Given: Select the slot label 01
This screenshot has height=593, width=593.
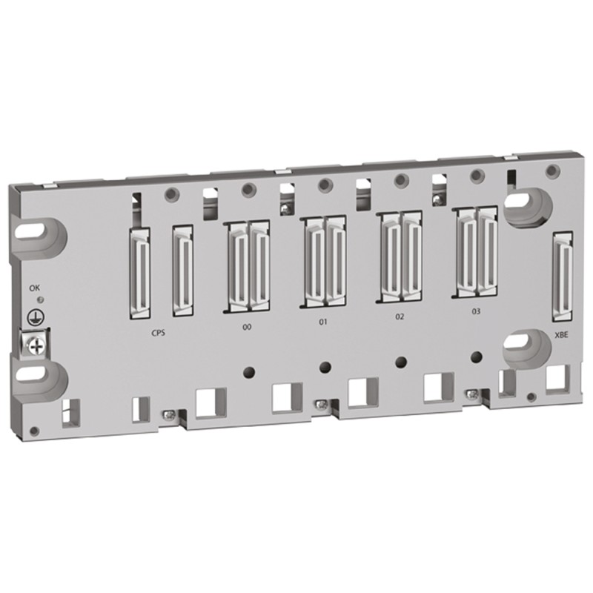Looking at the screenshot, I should (x=322, y=322).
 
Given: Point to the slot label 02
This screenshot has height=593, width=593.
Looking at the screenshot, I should (x=400, y=317).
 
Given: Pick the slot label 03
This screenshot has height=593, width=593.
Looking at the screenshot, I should (x=476, y=312).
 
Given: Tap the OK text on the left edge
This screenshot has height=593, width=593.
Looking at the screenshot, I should (x=34, y=287).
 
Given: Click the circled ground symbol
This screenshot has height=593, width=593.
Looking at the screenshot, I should (x=33, y=315).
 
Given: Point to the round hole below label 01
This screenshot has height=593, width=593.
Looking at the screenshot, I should (x=324, y=365).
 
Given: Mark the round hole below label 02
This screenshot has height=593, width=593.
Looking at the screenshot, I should (x=401, y=361).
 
